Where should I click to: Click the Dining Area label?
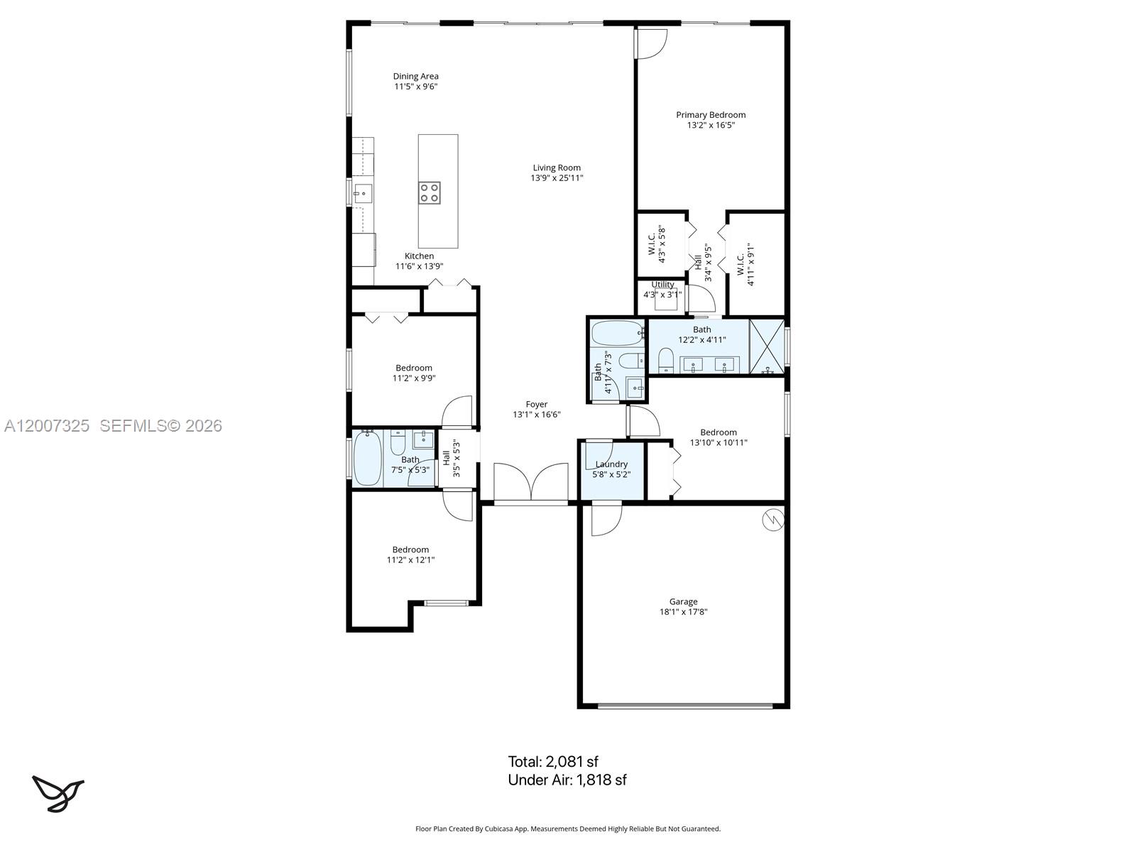click(416, 76)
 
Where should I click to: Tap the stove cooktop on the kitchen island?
click(429, 192)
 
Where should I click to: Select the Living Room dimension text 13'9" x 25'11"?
click(557, 178)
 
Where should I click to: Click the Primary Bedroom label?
click(711, 114)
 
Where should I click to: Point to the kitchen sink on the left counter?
click(363, 192)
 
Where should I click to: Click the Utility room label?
click(662, 285)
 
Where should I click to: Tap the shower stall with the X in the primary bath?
click(767, 346)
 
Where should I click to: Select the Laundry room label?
click(611, 464)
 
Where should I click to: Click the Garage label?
click(683, 601)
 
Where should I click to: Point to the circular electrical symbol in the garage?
click(772, 520)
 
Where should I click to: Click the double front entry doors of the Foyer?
click(531, 483)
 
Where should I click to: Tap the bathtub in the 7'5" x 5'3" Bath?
click(368, 459)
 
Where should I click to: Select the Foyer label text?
click(537, 405)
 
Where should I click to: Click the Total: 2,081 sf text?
click(553, 762)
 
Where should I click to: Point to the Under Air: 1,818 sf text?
click(567, 780)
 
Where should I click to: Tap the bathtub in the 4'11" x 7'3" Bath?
click(617, 333)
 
